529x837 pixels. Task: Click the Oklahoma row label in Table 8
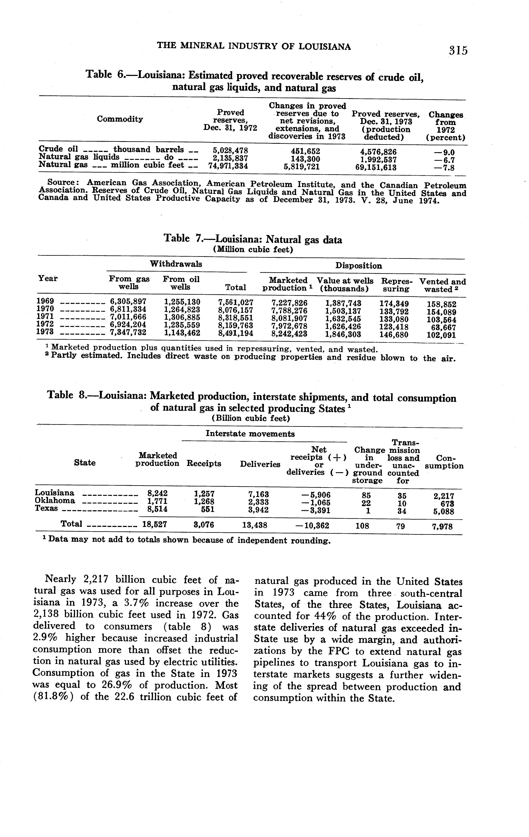55,501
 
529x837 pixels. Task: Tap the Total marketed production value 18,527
155,524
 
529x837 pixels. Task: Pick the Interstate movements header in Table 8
250,434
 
